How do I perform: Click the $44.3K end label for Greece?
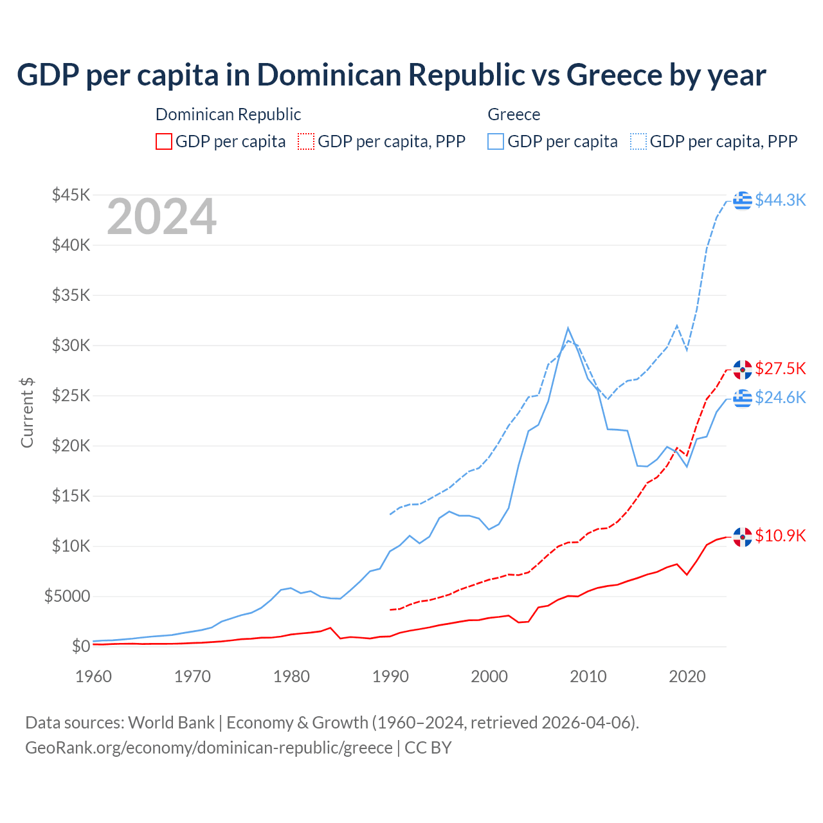point(780,200)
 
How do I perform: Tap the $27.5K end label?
point(780,368)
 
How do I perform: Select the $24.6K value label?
point(780,397)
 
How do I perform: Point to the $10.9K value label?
point(780,536)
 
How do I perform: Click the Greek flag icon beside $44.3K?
point(743,200)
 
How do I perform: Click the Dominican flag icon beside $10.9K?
point(743,536)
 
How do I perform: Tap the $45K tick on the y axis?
point(71,195)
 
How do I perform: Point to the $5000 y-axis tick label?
point(67,596)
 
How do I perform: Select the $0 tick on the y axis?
point(80,646)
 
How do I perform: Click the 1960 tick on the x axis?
point(94,676)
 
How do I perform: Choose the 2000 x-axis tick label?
point(489,676)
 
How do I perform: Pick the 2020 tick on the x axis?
point(687,676)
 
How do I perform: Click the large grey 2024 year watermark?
point(161,217)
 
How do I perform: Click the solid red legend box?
point(164,141)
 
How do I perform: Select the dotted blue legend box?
point(638,141)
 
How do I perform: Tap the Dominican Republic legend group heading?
point(228,114)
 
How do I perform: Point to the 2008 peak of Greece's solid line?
point(568,328)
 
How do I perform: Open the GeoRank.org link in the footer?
point(209,748)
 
